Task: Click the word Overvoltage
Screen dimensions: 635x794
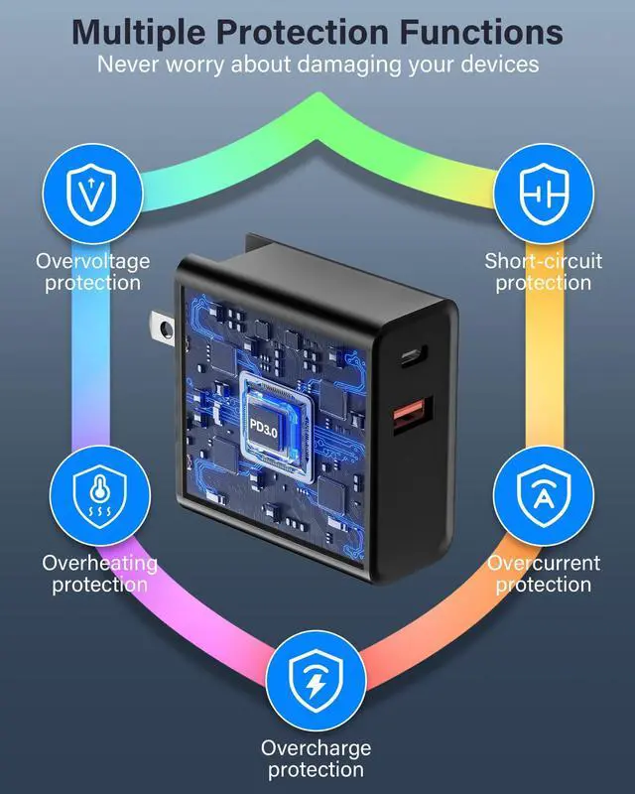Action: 93,262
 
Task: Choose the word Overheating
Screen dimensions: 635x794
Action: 99,564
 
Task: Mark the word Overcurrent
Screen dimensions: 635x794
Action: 544,564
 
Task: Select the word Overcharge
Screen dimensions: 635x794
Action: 316,748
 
